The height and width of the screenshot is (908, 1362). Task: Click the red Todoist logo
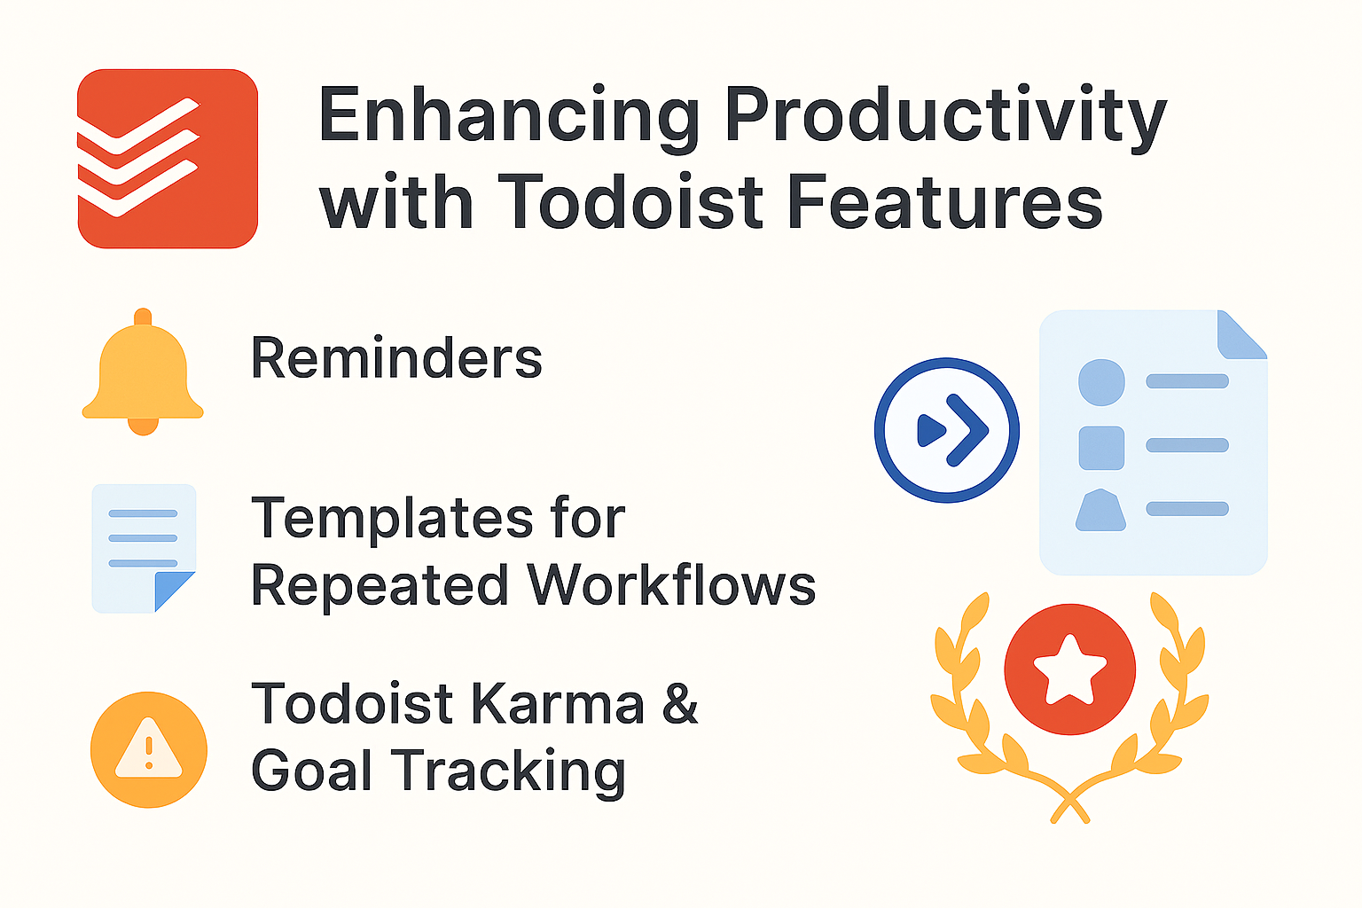(x=168, y=158)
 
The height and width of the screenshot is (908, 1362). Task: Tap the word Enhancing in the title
(x=510, y=115)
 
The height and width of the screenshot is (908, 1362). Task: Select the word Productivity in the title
(x=945, y=117)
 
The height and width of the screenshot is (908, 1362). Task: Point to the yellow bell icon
(x=143, y=372)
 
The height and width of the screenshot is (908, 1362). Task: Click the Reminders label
(x=396, y=358)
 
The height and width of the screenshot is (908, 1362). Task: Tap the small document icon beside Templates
(x=144, y=548)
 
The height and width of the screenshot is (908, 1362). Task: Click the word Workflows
(x=671, y=585)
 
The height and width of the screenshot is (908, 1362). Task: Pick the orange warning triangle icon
(x=149, y=749)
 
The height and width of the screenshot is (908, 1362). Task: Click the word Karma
(x=557, y=704)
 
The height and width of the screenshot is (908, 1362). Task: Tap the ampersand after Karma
(x=680, y=704)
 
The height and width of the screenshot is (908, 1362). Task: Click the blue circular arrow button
(x=947, y=430)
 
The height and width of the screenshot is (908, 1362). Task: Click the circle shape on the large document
(x=1101, y=382)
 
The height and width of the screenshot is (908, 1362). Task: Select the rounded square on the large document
(x=1101, y=447)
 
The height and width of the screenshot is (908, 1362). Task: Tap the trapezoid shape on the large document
(x=1100, y=511)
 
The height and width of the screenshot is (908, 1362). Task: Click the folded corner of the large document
(x=1241, y=335)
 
